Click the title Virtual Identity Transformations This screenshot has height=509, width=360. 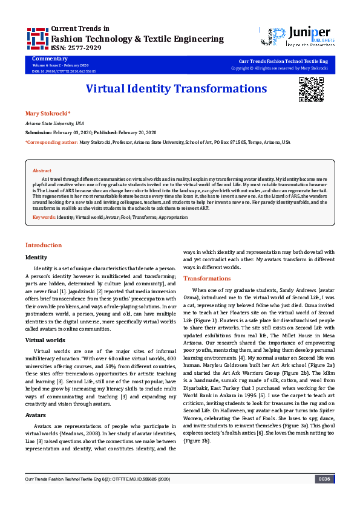point(176,89)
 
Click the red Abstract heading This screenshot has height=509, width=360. point(42,171)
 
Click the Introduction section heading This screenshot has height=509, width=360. point(43,245)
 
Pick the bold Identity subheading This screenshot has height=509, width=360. point(36,257)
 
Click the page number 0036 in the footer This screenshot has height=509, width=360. point(324,496)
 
